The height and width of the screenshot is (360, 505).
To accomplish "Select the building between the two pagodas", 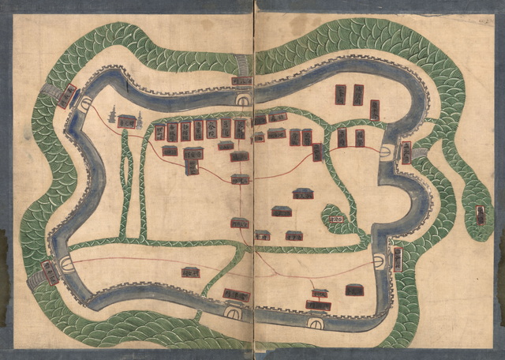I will [x=127, y=121].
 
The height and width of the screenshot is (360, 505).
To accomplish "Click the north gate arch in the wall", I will [x=244, y=99].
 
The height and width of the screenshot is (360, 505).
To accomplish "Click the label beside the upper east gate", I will [x=406, y=152].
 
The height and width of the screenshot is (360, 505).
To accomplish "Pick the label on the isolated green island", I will [x=480, y=215].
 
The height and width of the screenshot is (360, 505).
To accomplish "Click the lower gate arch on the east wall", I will [x=380, y=259].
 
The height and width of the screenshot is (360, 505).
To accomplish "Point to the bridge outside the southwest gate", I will [x=36, y=280].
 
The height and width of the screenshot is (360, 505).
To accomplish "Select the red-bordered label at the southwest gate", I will [x=50, y=272].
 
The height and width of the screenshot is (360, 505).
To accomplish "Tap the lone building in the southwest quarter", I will [x=190, y=273].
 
